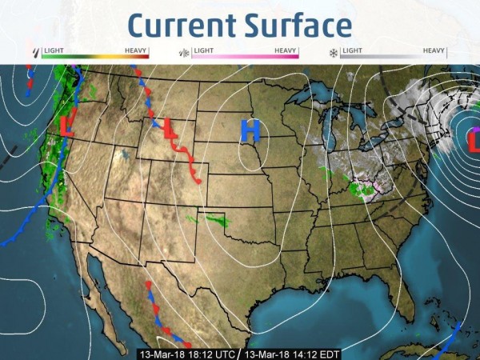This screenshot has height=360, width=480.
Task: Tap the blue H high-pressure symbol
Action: (x=250, y=130)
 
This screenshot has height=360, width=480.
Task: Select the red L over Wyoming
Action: (x=170, y=128)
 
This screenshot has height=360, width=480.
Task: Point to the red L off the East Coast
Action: (x=473, y=141)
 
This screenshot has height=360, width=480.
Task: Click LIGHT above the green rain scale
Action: (x=54, y=50)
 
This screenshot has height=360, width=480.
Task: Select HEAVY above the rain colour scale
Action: (x=136, y=50)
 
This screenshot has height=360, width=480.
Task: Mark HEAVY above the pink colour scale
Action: (x=286, y=50)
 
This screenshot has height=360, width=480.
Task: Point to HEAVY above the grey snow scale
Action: (x=434, y=50)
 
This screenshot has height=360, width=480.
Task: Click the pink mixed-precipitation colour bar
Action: (x=245, y=57)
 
